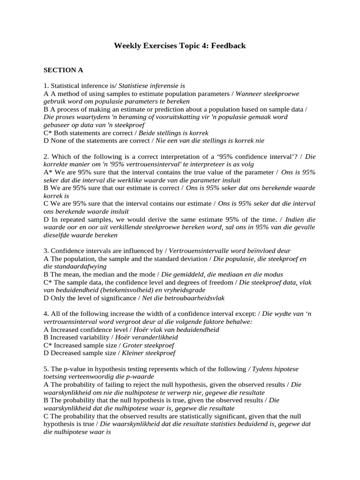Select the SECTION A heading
63,70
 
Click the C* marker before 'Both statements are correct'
48,133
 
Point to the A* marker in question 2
48,172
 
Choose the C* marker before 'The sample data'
48,282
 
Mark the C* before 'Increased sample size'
48,345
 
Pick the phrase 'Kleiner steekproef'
149,353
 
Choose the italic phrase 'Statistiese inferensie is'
152,86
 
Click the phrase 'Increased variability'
79,337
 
